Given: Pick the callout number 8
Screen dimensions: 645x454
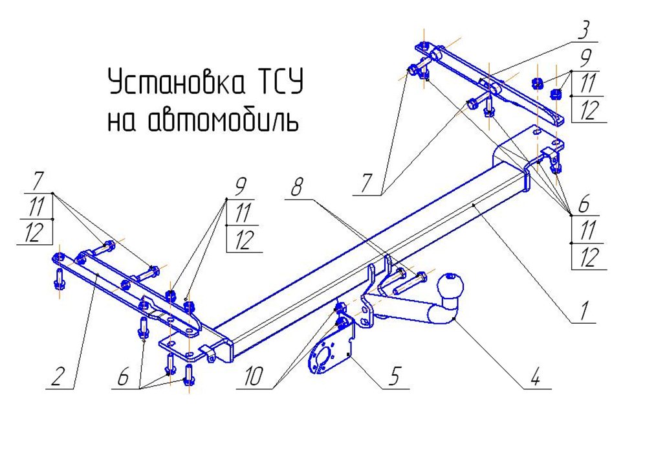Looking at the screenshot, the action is [296, 190].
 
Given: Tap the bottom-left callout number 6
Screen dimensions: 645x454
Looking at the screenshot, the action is [122, 377].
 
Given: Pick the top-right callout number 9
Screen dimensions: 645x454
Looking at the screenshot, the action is [585, 60].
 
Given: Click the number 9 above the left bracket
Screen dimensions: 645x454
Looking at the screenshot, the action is [240, 187].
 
